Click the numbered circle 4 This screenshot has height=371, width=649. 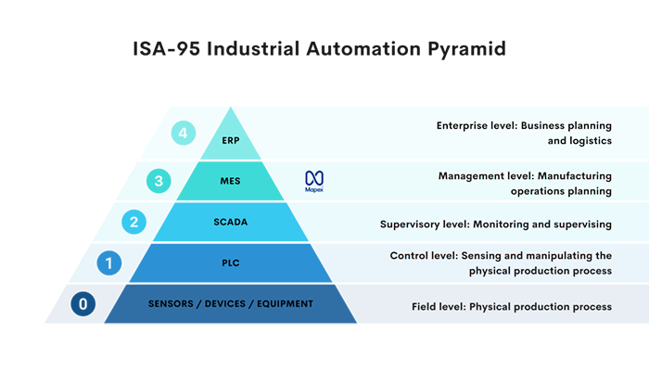[x=184, y=134]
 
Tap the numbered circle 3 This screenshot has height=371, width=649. [x=159, y=181]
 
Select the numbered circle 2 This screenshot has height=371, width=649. [x=134, y=222]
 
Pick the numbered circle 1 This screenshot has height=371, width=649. [x=109, y=263]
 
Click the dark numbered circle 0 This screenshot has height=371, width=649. [x=83, y=303]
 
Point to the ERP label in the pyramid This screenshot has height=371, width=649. [x=230, y=142]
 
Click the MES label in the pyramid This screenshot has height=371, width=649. [x=230, y=182]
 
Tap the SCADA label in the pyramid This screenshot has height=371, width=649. [x=230, y=223]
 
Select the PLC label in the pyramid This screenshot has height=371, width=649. [x=230, y=263]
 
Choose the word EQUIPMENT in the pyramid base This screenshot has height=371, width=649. [x=281, y=304]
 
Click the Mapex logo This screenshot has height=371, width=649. [x=314, y=180]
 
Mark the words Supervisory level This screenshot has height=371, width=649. [x=425, y=224]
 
